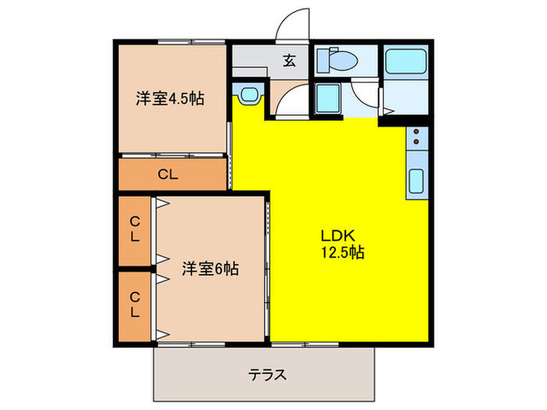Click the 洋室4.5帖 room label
(170, 99)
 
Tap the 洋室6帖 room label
(210, 269)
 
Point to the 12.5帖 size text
(340, 252)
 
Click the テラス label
(267, 374)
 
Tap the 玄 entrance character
(288, 60)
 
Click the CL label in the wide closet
(168, 175)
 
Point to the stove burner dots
(417, 137)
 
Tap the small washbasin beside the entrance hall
(249, 95)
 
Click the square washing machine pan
(328, 98)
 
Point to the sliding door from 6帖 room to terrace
(191, 342)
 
